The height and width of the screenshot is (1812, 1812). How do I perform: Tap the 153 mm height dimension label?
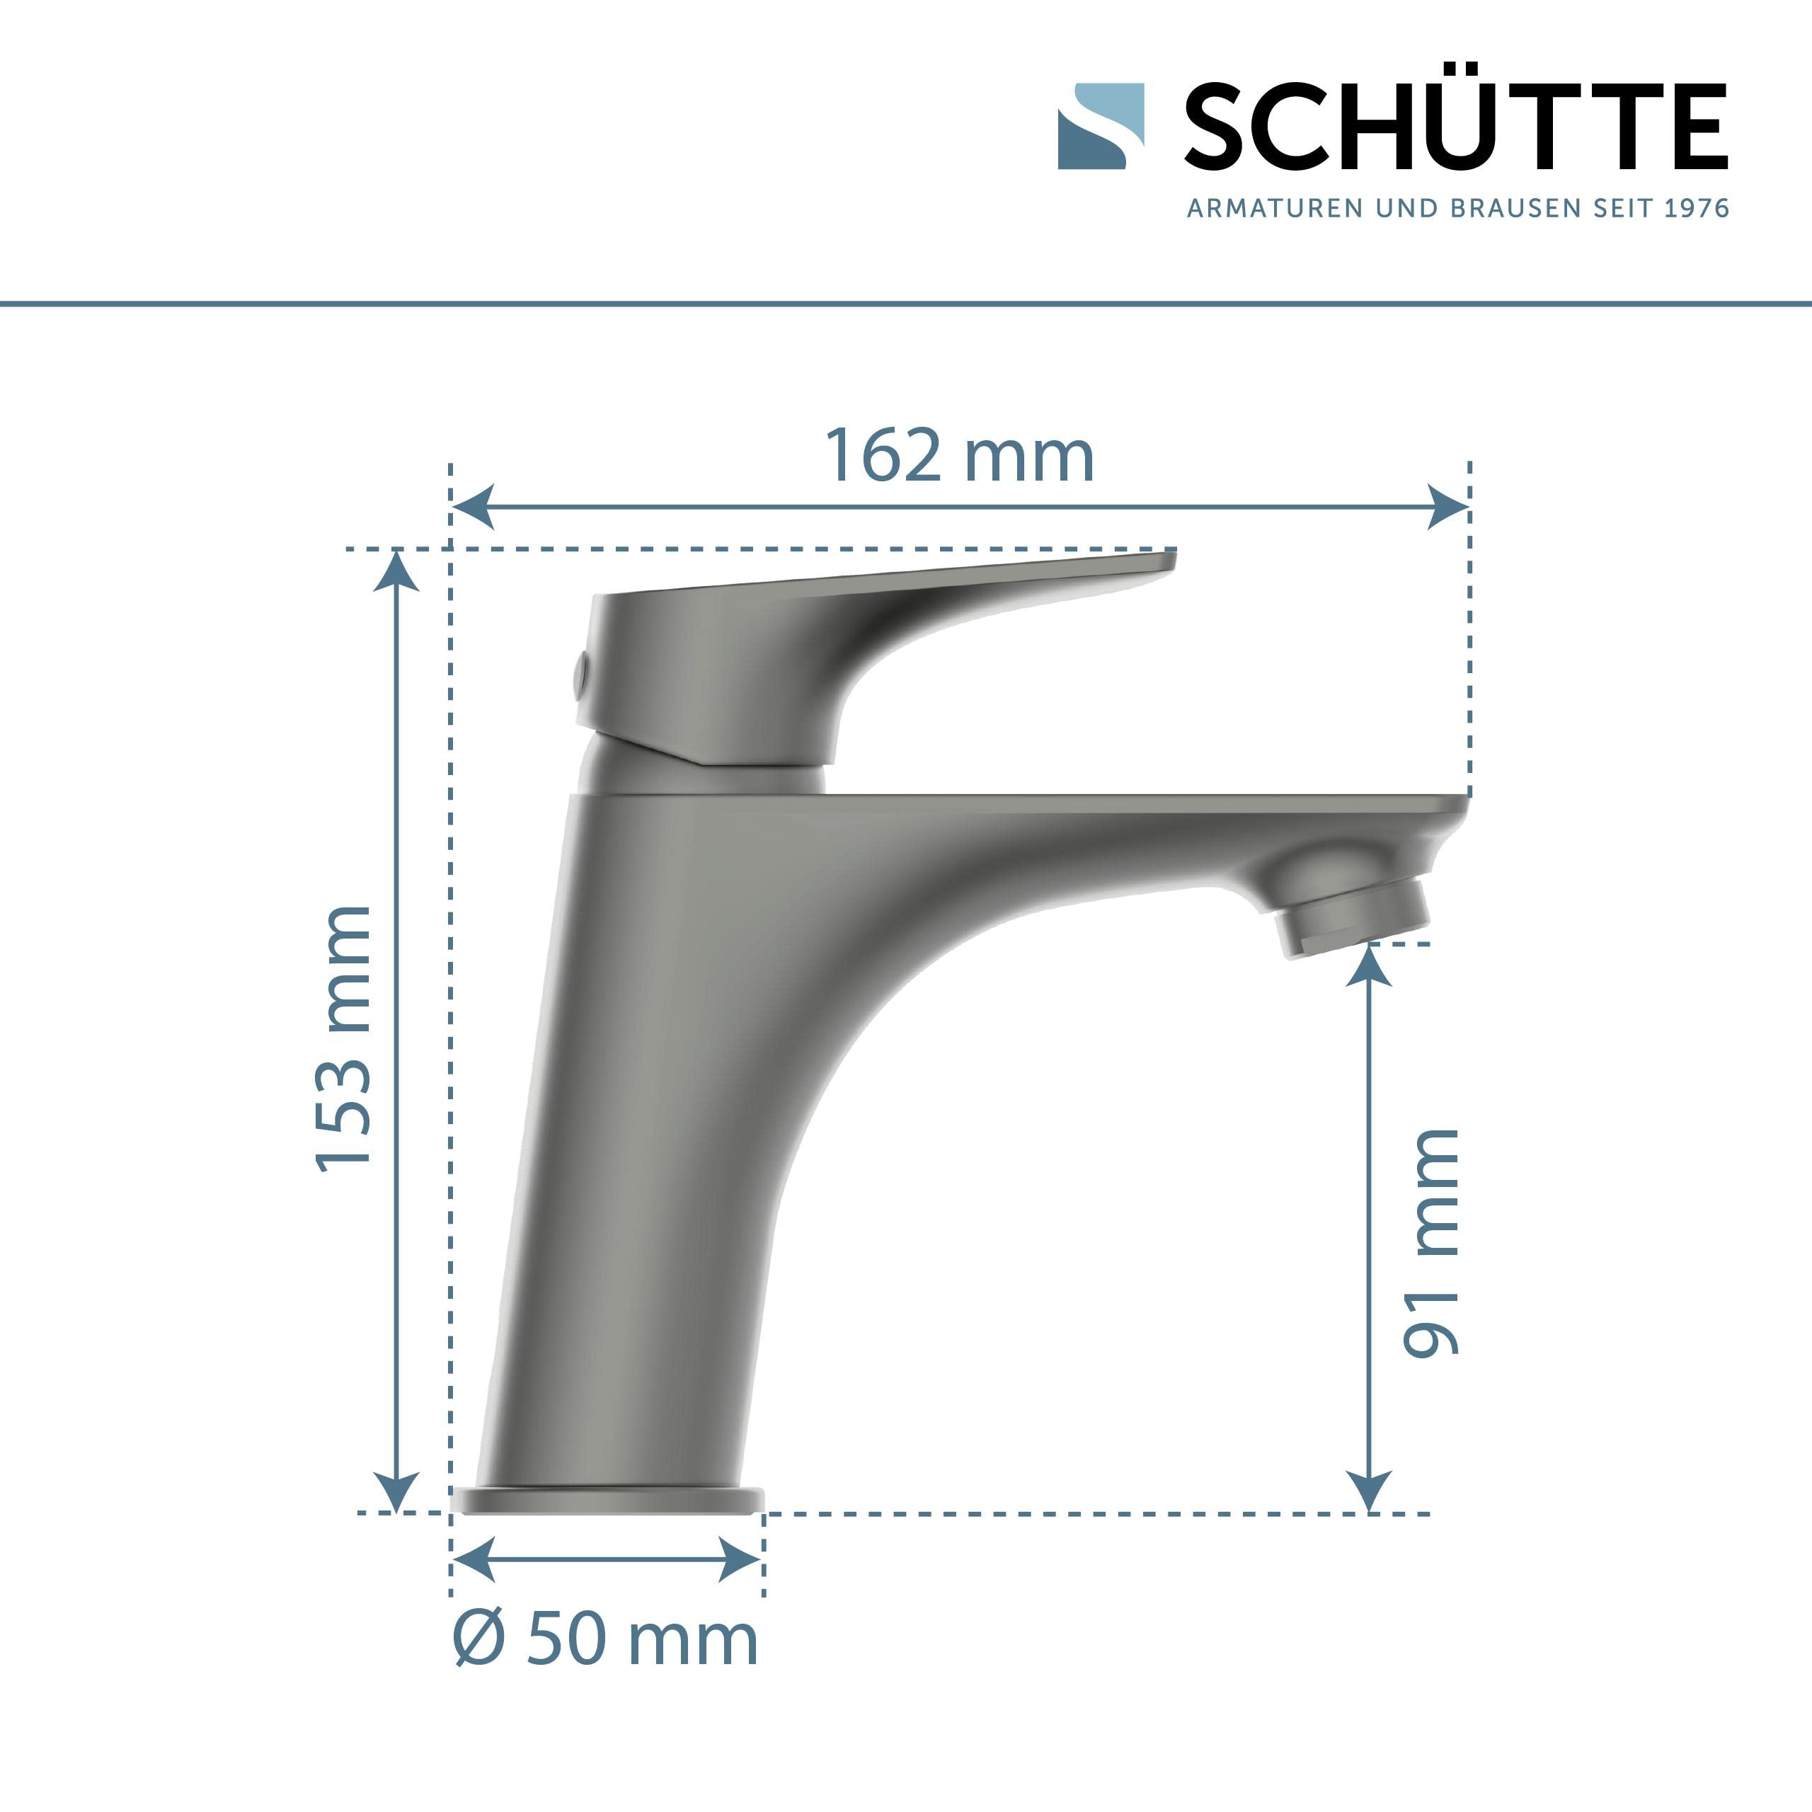coord(343,1040)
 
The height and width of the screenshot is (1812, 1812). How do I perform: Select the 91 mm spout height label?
coord(1431,1243)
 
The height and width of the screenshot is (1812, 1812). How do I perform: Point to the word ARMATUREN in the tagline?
coord(1275,208)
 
